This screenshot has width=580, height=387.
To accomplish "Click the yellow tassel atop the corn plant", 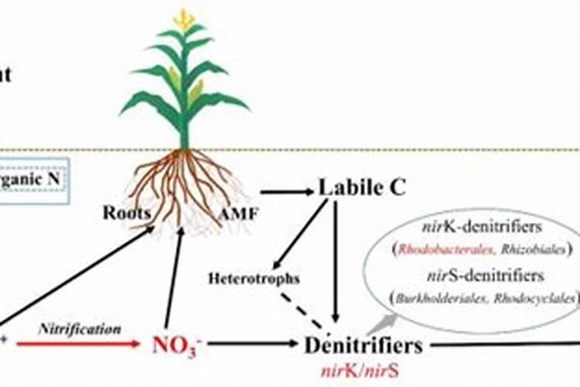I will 184,19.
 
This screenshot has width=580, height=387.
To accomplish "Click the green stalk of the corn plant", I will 184,116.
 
